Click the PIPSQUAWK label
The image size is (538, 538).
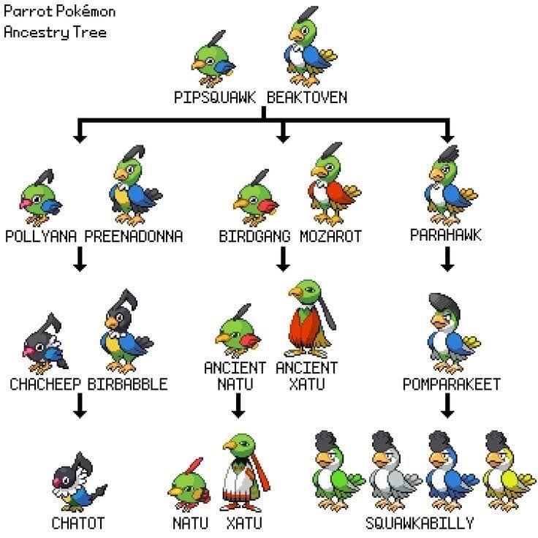[215, 97]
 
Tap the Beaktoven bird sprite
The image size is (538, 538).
[309, 46]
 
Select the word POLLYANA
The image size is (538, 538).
[41, 236]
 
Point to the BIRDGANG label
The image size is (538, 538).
[254, 236]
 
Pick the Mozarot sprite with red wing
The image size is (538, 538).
[333, 183]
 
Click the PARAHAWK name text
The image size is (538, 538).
[446, 235]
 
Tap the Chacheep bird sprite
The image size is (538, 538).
[45, 343]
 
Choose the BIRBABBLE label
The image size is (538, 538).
[127, 384]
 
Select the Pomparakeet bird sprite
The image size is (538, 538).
[453, 333]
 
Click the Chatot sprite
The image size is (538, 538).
[79, 482]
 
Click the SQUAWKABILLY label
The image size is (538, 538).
[420, 523]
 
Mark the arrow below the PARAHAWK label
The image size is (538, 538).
[447, 259]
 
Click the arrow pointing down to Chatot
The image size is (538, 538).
[80, 406]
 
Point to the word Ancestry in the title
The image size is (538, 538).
[37, 33]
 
